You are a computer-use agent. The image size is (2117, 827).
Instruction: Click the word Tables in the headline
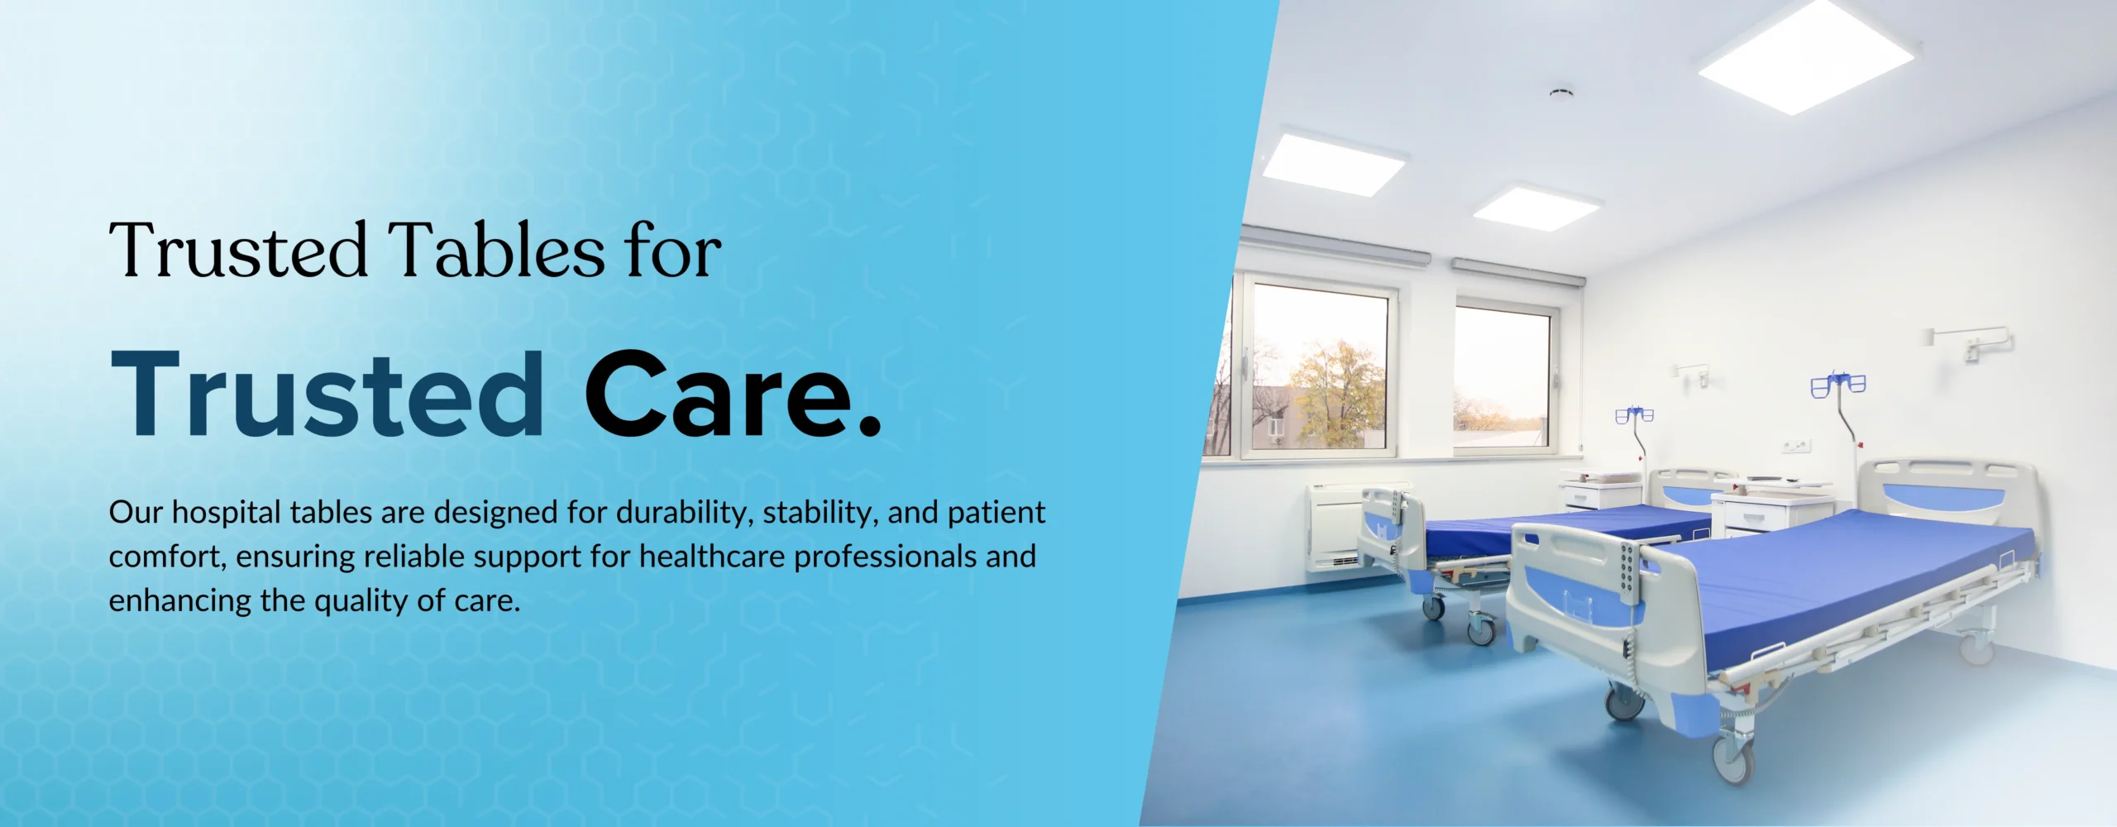[x=496, y=250]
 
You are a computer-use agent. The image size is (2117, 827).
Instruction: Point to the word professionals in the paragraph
[x=885, y=557]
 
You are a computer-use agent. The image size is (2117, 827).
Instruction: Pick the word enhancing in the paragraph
[x=180, y=601]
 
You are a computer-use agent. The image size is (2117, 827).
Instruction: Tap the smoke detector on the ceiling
[x=1561, y=91]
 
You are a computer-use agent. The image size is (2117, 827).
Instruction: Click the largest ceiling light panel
[x=1807, y=56]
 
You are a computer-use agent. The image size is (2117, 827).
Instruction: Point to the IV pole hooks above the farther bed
[x=1634, y=414]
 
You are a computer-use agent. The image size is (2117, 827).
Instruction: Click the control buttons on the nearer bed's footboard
[x=1627, y=570]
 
